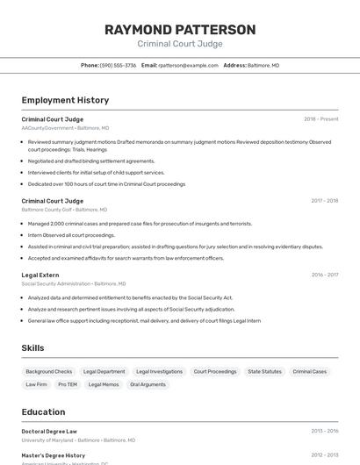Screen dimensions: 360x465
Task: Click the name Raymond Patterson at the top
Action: [x=180, y=30]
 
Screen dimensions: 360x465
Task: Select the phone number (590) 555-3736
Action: [x=118, y=65]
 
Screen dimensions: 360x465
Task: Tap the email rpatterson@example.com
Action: [x=188, y=65]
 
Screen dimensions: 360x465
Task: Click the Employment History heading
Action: [x=65, y=100]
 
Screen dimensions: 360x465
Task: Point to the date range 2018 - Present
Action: [x=320, y=119]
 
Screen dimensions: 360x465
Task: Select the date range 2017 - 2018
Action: [x=324, y=201]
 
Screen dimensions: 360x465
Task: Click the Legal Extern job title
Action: [x=40, y=275]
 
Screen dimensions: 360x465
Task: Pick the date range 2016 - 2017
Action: [x=324, y=275]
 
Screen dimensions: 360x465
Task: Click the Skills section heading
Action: [x=33, y=348]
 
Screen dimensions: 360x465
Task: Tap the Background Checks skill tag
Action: [x=49, y=372]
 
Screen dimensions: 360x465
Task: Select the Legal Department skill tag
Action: [x=104, y=372]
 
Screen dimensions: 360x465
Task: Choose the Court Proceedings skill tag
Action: [x=215, y=372]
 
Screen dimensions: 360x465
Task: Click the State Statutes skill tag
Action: [x=264, y=372]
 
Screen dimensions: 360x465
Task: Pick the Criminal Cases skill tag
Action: [x=309, y=372]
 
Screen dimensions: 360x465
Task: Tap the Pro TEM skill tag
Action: [x=68, y=384]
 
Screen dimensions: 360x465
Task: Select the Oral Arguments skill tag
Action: [x=148, y=384]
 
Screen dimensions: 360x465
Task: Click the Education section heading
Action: [x=43, y=412]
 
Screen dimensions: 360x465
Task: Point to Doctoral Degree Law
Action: [x=49, y=432]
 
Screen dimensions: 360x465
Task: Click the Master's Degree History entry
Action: [x=54, y=455]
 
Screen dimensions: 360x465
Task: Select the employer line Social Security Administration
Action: [x=56, y=283]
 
